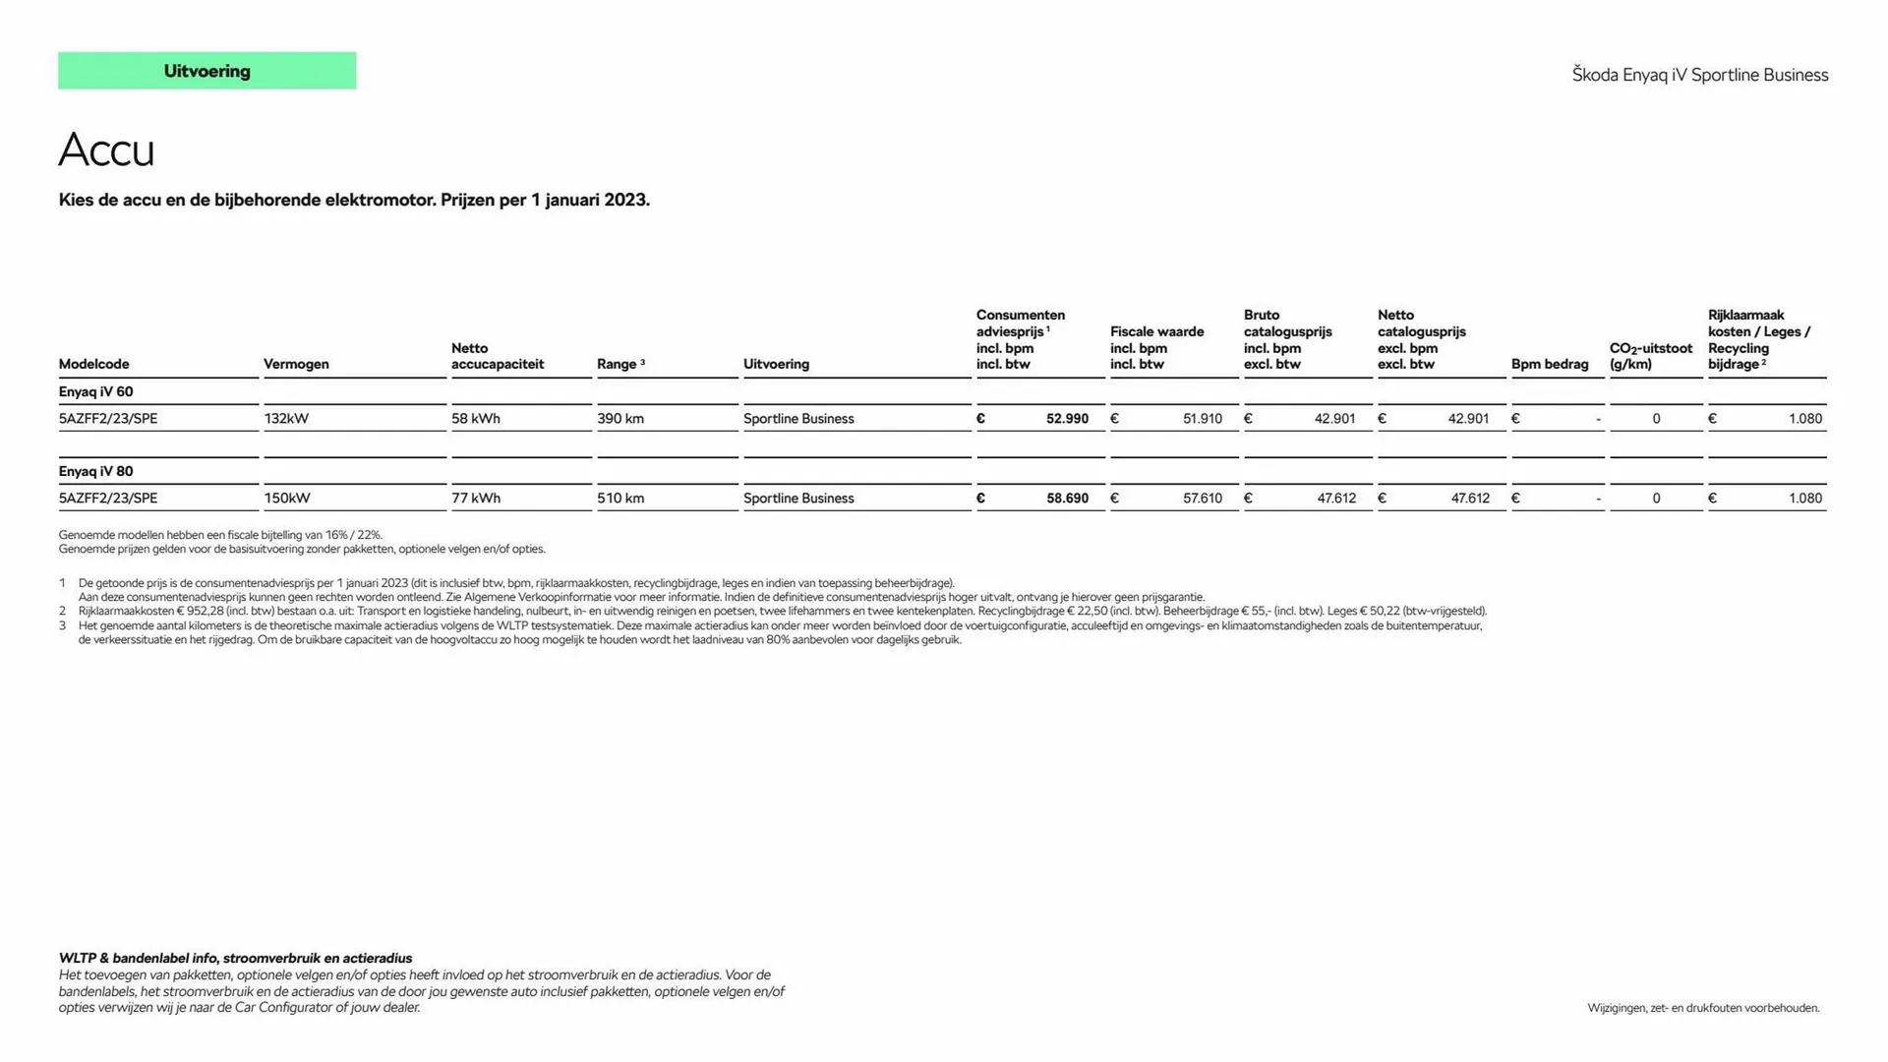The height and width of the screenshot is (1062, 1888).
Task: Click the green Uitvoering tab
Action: (206, 71)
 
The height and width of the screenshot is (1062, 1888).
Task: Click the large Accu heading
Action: (106, 150)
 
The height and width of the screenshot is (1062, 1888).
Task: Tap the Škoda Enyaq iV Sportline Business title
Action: (1699, 75)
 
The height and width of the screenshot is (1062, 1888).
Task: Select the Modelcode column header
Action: (93, 364)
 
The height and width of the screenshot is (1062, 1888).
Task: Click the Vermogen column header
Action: (296, 364)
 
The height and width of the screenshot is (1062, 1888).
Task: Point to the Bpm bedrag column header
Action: (1549, 364)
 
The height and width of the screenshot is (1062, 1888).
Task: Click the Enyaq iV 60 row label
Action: (95, 391)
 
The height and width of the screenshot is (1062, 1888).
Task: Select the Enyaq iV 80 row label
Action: (95, 471)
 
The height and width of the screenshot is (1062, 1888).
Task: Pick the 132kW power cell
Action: (286, 419)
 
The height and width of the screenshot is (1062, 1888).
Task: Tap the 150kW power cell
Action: (286, 499)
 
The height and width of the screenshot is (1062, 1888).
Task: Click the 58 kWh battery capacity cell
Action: (476, 419)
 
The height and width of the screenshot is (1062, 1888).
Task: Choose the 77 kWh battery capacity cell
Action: (476, 499)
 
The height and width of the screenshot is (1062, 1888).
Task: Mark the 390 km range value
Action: (620, 419)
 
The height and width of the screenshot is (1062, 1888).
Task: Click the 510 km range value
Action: (620, 499)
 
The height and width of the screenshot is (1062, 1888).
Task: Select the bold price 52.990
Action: (1067, 419)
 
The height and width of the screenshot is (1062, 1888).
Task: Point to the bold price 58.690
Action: (1067, 499)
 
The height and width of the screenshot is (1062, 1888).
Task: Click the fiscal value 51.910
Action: (1202, 419)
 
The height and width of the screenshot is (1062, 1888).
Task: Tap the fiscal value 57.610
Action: (1202, 499)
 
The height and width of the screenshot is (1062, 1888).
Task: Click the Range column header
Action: (617, 364)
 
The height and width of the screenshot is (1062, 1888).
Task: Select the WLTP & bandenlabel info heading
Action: (235, 958)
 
